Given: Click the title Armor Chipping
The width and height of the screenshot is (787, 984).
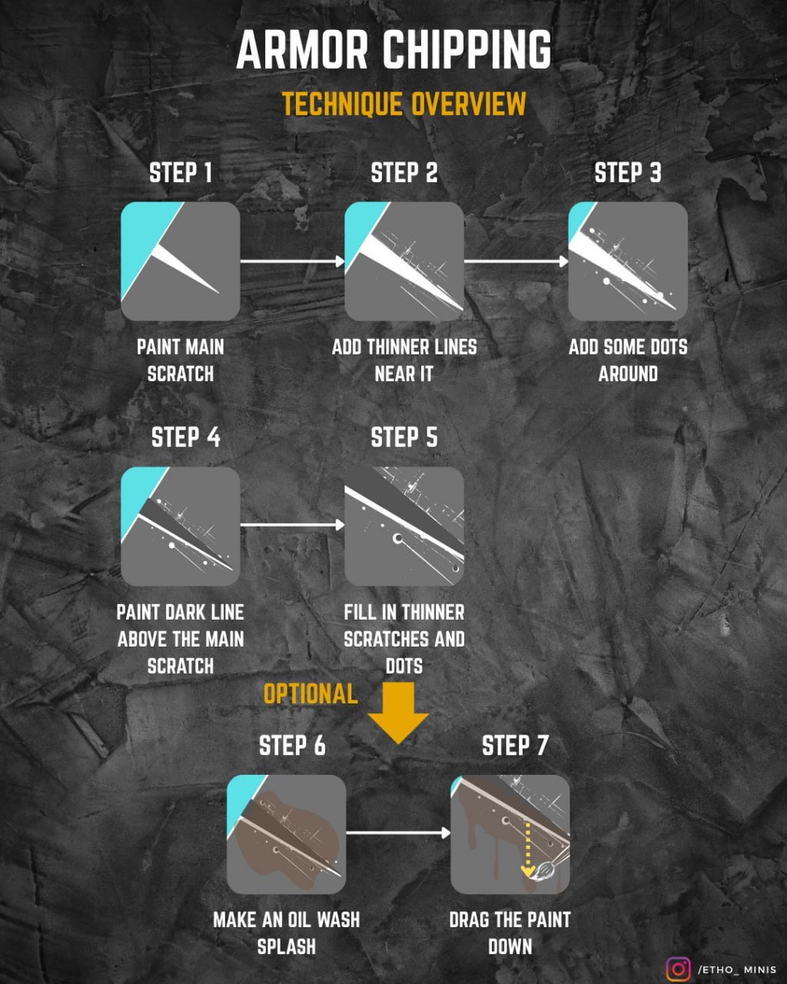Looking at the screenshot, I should [393, 51].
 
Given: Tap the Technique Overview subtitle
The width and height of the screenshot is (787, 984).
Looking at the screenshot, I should [403, 104].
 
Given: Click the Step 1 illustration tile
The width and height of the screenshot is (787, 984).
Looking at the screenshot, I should [181, 261].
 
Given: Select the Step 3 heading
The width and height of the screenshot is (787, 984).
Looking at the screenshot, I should [628, 173].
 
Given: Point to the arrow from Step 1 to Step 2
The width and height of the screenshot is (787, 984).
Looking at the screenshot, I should [292, 261].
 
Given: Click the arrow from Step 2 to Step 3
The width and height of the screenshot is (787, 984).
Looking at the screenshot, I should [516, 261].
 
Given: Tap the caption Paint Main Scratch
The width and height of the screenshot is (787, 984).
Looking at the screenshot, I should [181, 360].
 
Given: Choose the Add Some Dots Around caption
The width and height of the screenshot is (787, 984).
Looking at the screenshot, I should [628, 360].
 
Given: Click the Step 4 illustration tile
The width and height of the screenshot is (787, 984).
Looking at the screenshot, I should [181, 527].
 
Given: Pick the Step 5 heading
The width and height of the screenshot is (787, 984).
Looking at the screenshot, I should [404, 437].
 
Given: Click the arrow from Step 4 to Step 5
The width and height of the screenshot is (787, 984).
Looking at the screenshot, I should [292, 526].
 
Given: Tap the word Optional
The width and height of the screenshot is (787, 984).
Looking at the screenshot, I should [310, 694].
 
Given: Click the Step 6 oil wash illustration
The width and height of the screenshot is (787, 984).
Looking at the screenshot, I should [286, 834].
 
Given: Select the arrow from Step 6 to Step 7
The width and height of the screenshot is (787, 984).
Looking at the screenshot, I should [397, 833].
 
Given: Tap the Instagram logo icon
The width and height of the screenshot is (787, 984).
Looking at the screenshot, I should [678, 969].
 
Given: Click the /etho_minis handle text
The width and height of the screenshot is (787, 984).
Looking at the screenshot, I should [737, 970].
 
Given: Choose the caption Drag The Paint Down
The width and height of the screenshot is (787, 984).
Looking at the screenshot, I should [510, 932].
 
